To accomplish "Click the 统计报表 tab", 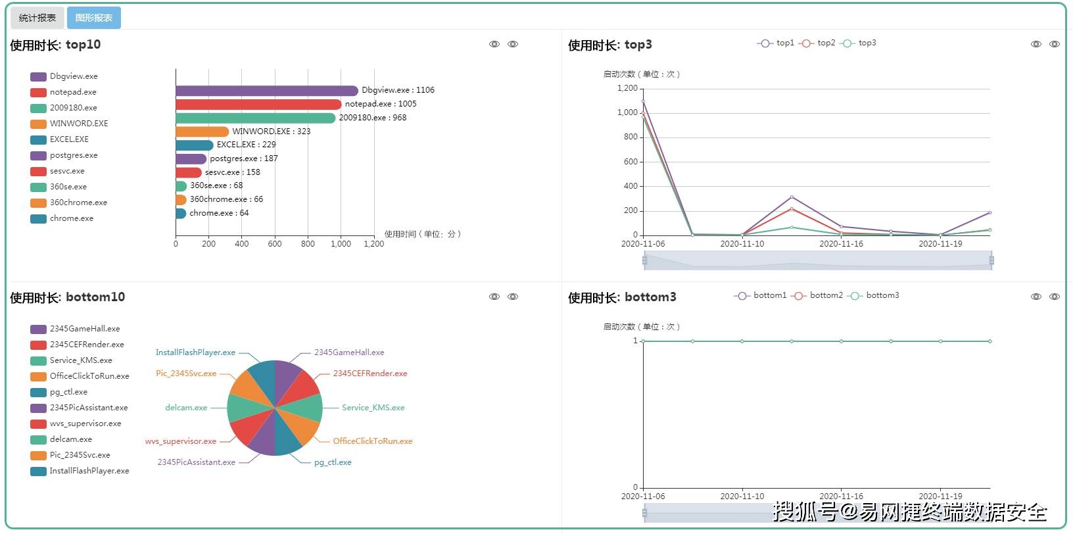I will [x=37, y=18].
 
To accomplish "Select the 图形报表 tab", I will [x=93, y=18].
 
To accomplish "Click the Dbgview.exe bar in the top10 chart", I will [x=266, y=91].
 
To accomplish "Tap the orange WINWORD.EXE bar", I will [x=202, y=132].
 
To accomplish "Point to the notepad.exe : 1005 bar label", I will [x=381, y=104].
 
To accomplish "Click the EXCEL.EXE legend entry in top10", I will [x=68, y=139].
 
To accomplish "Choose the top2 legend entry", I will [x=819, y=43].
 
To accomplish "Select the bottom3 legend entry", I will [x=875, y=295].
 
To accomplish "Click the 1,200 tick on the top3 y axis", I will [x=627, y=88].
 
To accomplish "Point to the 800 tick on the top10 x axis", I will [x=308, y=244].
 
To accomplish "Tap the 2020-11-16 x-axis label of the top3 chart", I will [x=841, y=244].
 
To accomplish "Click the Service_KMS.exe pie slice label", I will [x=373, y=408].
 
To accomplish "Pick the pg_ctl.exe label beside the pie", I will [x=333, y=462].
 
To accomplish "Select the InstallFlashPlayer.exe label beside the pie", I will [x=195, y=352].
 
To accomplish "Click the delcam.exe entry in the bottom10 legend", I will [x=70, y=439].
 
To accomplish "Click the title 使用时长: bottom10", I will [x=68, y=297].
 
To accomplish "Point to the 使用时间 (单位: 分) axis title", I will [x=423, y=234].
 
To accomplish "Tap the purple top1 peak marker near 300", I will [x=792, y=197].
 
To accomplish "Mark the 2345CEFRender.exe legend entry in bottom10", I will [x=86, y=345].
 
